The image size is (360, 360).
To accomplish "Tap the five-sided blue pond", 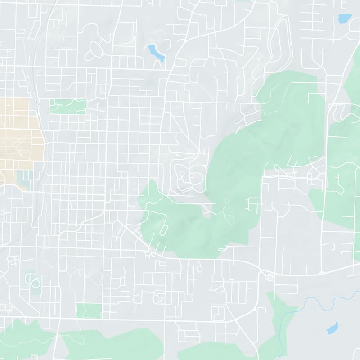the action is pos(344,18).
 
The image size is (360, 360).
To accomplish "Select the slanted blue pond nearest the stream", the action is pos(332,328).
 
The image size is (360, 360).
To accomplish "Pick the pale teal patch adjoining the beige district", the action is pos(25,178).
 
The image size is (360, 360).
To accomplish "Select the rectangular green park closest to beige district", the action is pos(67,106).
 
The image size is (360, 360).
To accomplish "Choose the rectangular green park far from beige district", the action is pos(89,310).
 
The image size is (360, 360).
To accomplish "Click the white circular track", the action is pos(35,283).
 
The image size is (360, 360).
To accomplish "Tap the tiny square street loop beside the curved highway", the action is pos(270,277).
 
